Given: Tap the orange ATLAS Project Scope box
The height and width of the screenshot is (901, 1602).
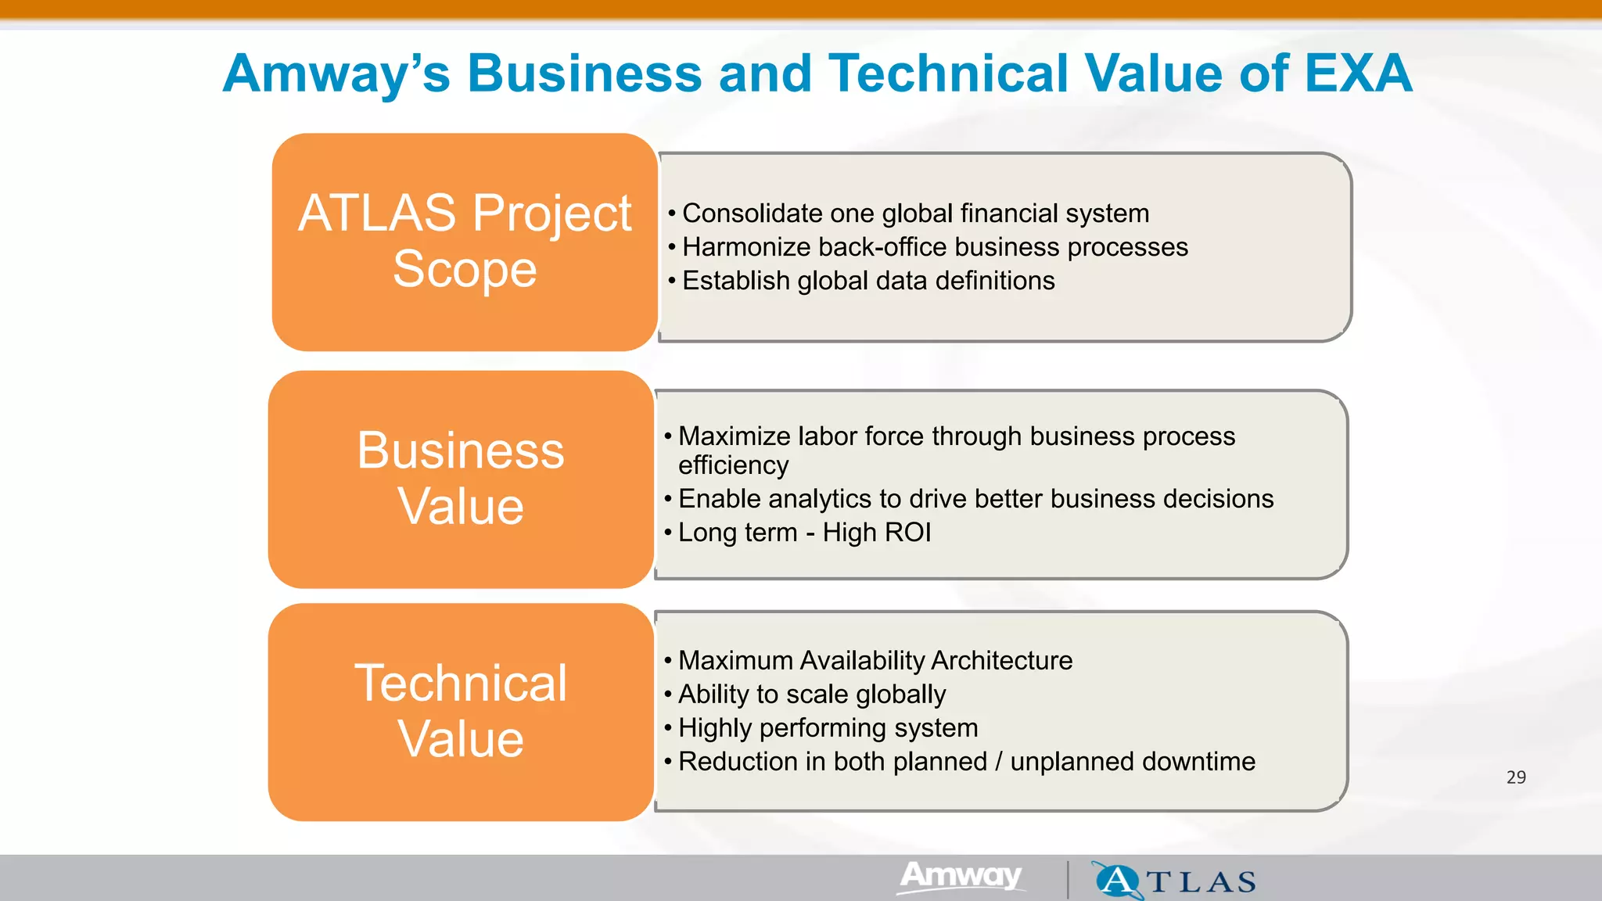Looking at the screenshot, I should pyautogui.click(x=465, y=242).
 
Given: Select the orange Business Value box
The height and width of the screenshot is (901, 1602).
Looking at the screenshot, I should pyautogui.click(x=461, y=479).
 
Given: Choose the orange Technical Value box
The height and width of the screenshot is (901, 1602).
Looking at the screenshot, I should pyautogui.click(x=461, y=711).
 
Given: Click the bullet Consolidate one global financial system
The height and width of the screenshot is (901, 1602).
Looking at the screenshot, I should pyautogui.click(x=915, y=214).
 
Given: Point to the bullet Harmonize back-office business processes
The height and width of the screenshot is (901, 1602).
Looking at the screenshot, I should pyautogui.click(x=935, y=247).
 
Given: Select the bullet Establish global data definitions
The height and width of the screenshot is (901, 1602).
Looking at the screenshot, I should pyautogui.click(x=868, y=281).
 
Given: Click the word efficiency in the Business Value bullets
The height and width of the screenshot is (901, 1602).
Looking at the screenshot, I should pyautogui.click(x=734, y=465).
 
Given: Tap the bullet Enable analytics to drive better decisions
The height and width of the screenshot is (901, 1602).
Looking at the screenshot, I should pyautogui.click(x=975, y=499).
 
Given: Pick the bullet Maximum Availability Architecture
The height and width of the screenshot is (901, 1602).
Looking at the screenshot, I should pyautogui.click(x=875, y=661).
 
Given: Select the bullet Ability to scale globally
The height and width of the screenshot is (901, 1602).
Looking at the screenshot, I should pyautogui.click(x=812, y=695).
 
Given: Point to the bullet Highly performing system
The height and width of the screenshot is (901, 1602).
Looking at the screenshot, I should pyautogui.click(x=828, y=728).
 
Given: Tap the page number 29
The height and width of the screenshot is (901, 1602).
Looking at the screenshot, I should pyautogui.click(x=1516, y=777).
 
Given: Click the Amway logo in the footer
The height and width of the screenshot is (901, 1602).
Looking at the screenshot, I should pyautogui.click(x=961, y=877).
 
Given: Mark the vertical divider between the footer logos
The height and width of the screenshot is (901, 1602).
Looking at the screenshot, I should pyautogui.click(x=1068, y=879).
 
